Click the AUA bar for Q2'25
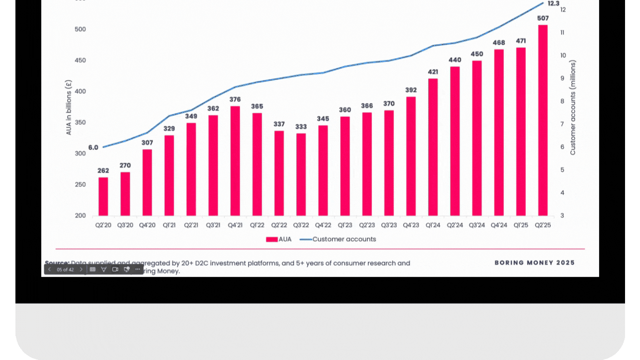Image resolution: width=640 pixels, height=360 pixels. pyautogui.click(x=542, y=120)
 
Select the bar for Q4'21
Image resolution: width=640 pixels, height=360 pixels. pyautogui.click(x=235, y=161)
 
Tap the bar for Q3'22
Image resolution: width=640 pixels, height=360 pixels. pyautogui.click(x=301, y=175)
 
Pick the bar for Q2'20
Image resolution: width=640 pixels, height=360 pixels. pyautogui.click(x=103, y=196)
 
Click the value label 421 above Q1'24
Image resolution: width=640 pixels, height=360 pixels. pyautogui.click(x=433, y=72)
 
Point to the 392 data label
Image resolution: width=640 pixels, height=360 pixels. pyautogui.click(x=410, y=90)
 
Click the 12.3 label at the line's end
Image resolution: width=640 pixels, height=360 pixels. pyautogui.click(x=553, y=3)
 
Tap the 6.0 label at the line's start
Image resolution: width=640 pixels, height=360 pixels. pyautogui.click(x=93, y=147)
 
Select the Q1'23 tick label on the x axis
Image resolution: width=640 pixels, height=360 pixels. pyautogui.click(x=345, y=225)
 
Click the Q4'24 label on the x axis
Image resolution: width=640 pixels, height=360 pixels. pyautogui.click(x=498, y=225)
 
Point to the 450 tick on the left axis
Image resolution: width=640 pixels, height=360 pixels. pyautogui.click(x=80, y=60)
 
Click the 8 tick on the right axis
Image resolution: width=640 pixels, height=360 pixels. pyautogui.click(x=562, y=101)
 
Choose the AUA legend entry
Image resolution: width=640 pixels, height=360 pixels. pyautogui.click(x=278, y=239)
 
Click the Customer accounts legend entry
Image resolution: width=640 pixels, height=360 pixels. pyautogui.click(x=344, y=239)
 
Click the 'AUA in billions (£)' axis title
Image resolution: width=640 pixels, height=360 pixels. pyautogui.click(x=69, y=107)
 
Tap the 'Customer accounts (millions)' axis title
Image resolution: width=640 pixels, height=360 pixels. pyautogui.click(x=573, y=108)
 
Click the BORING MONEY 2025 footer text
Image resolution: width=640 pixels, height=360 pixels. pyautogui.click(x=534, y=263)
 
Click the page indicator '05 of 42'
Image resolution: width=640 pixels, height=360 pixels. pyautogui.click(x=65, y=269)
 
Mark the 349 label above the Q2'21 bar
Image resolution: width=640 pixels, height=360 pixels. pyautogui.click(x=191, y=116)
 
